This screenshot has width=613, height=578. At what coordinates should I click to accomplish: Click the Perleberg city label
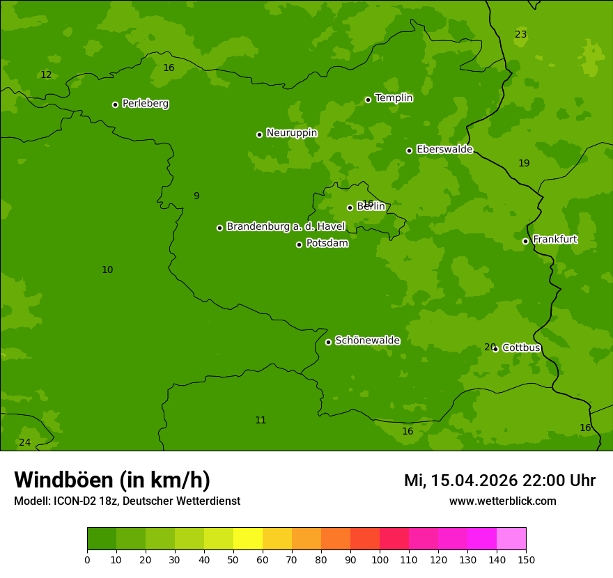coord(145,104)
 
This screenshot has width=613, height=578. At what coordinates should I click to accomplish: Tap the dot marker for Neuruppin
coord(259,134)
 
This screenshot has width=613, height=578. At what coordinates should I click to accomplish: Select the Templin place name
coord(394,98)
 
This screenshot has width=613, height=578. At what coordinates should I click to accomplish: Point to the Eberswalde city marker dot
coord(409,150)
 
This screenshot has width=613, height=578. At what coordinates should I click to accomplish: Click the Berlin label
coord(371,207)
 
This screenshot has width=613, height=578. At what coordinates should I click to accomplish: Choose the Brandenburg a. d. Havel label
coord(286,226)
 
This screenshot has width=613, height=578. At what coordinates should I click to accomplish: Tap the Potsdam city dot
coord(299,244)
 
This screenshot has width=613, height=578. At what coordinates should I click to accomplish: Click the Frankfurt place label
coord(554,240)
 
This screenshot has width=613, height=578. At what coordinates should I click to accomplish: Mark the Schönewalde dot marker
coord(328,342)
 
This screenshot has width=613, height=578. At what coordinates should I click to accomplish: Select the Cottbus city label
coord(521,348)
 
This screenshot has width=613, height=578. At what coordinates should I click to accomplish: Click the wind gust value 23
coord(520,35)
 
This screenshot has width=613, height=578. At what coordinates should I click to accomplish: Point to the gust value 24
coord(24,443)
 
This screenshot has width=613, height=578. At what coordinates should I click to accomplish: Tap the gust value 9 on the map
coord(196,196)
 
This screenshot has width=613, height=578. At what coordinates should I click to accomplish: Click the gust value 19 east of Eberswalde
coord(524,164)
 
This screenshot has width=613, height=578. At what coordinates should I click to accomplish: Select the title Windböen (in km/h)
coord(112,480)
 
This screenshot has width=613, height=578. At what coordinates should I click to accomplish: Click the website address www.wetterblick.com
coord(502,501)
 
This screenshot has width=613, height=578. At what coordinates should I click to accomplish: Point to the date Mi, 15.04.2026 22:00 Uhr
coord(499,481)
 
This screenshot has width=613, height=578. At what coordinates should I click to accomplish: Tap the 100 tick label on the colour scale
coord(380,559)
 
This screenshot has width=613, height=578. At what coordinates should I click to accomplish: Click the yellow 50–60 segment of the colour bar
coord(247,539)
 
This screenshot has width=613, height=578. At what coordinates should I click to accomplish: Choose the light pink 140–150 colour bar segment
coord(511,539)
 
